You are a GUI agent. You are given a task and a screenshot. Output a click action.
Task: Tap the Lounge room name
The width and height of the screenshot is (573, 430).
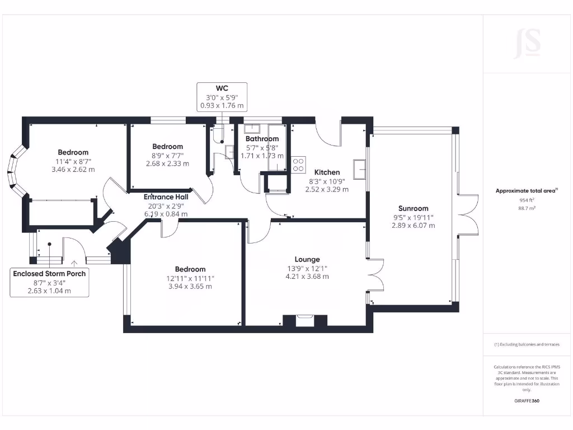(x=307, y=259)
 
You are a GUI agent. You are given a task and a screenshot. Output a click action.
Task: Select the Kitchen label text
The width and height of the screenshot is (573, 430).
(x=327, y=172)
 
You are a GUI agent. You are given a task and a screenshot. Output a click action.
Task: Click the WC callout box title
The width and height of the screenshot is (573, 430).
(x=222, y=88)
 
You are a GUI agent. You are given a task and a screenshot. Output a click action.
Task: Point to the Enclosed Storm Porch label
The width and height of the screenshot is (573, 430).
(x=50, y=274)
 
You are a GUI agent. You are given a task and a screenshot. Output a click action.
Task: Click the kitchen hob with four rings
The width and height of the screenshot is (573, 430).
(x=298, y=164)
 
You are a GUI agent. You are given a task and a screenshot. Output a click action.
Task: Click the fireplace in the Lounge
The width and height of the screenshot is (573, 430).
(x=305, y=321)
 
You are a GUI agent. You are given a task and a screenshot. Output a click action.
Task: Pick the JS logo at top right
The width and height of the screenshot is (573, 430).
(x=527, y=44)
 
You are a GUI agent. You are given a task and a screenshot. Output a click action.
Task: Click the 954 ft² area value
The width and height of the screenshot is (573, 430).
(x=527, y=200)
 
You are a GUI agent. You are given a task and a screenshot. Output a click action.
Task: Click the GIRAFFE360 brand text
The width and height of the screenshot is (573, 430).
(x=527, y=401)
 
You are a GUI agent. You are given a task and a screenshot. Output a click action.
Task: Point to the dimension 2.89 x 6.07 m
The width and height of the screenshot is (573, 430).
(x=414, y=226)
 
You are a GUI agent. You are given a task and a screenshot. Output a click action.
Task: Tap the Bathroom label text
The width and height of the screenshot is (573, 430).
(x=262, y=139)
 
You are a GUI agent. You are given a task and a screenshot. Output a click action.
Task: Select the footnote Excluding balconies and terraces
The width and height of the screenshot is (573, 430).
(x=527, y=344)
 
